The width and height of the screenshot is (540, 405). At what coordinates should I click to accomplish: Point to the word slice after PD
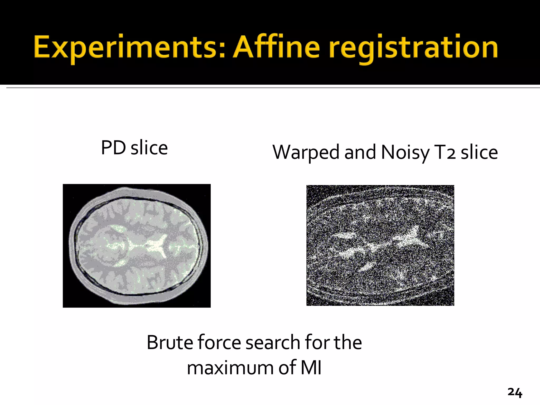click(149, 148)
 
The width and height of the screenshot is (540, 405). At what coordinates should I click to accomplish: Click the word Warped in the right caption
click(306, 153)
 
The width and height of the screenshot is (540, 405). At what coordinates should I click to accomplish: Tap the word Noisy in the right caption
click(405, 153)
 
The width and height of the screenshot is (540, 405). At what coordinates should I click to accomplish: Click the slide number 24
click(515, 393)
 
